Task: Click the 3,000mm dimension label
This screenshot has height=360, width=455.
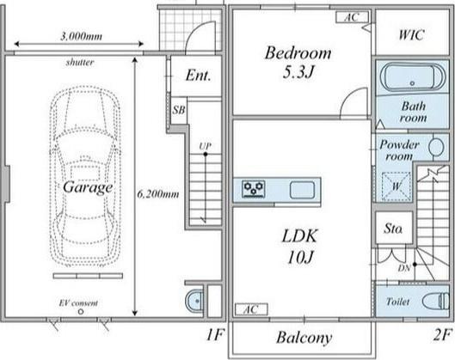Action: coord(81,37)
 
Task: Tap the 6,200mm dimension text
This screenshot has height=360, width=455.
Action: coord(158,194)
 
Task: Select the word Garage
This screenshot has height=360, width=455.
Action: coord(88,187)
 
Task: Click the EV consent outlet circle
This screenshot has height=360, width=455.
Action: coord(81,312)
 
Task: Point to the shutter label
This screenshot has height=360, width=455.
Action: coord(80,62)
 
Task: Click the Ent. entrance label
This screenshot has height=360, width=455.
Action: coord(198,76)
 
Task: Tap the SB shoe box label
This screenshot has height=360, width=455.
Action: coord(179,110)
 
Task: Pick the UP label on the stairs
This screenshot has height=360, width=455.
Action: coord(206,146)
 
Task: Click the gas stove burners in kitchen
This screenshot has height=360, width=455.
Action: coord(254,189)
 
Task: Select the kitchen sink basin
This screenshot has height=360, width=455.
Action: coord(302,190)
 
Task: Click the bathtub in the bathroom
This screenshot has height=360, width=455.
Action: coord(412,76)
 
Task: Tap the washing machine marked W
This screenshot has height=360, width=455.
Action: coord(397,186)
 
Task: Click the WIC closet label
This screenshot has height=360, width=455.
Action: coord(412,34)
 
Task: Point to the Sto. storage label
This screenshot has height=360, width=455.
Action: coord(393,229)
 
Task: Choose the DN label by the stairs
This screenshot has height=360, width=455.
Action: coord(404,268)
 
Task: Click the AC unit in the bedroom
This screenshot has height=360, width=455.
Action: coord(353,17)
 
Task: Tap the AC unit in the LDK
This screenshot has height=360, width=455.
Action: coord(251,309)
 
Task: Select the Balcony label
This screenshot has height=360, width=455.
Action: coord(304,338)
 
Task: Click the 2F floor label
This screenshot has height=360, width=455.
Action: coord(443,335)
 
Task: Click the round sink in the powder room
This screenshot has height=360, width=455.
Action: coord(436,147)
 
